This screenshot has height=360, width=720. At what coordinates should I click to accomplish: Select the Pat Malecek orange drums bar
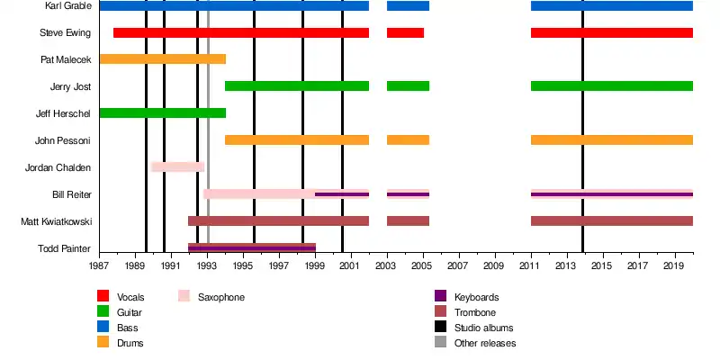pos(162,59)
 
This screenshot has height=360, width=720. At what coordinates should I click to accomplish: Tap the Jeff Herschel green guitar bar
pos(162,113)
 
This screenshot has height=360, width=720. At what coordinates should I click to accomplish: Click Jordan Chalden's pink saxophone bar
pos(178,167)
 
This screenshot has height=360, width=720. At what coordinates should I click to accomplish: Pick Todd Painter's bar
pos(252,247)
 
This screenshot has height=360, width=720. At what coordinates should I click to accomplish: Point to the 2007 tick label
pos(459,267)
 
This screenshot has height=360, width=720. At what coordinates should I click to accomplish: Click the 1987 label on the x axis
pos(99,267)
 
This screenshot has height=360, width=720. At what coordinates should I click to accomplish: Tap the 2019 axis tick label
pos(675,267)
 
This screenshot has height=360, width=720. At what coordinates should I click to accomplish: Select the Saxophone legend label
pos(221,297)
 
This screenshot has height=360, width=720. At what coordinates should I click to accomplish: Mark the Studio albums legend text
pos(484,328)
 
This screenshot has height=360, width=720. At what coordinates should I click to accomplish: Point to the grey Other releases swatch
pos(441,343)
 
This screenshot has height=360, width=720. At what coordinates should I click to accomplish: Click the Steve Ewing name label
pos(65,33)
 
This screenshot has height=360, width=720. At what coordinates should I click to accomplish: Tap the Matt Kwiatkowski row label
pos(56,221)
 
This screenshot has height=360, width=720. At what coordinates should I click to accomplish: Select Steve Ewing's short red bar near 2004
pos(405,33)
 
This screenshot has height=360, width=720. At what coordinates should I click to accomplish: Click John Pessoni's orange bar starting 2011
pos(612,140)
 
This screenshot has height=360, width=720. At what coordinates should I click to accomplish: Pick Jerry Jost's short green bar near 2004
pos(408,86)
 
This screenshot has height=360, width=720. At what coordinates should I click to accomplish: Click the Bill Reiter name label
pos(71,194)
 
